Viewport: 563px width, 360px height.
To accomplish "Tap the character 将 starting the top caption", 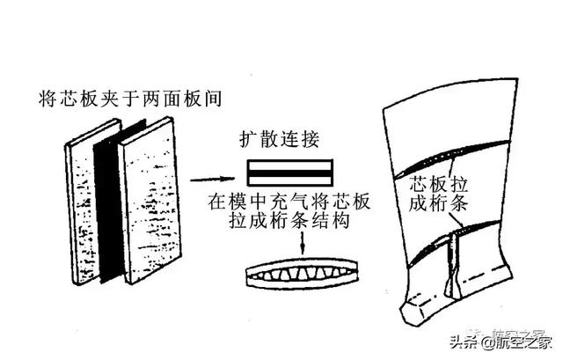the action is click(49, 97).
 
